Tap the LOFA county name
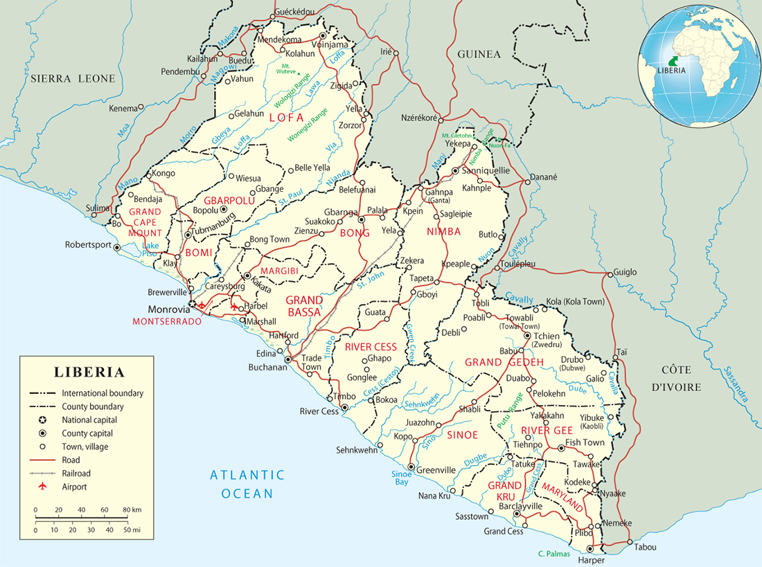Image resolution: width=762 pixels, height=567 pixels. click(x=286, y=118)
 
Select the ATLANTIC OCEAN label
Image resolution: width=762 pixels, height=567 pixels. click(x=248, y=484)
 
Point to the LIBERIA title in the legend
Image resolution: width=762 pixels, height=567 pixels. click(x=90, y=372)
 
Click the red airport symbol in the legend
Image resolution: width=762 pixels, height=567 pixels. click(x=42, y=487)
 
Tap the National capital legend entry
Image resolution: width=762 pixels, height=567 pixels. click(x=89, y=420)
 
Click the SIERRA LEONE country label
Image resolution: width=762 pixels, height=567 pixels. click(x=73, y=79)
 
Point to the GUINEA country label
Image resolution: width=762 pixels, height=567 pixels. click(x=478, y=54)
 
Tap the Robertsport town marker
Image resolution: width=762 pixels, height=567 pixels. click(x=116, y=247)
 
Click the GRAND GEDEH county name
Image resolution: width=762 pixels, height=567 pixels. click(x=503, y=362)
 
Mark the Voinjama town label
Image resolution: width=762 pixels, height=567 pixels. click(x=333, y=45)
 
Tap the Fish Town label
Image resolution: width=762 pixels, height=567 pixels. click(x=585, y=442)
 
